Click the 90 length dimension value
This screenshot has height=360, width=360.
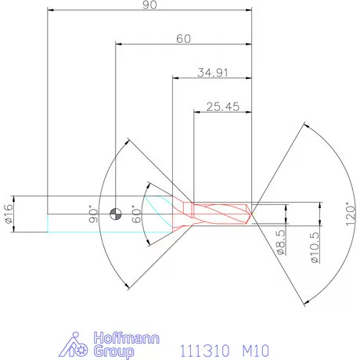(149, 5)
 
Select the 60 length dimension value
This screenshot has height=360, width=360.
(183, 38)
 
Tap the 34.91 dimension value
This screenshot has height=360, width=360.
(211, 72)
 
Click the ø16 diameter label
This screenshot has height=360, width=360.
(9, 214)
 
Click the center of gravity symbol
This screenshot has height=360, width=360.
(117, 213)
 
